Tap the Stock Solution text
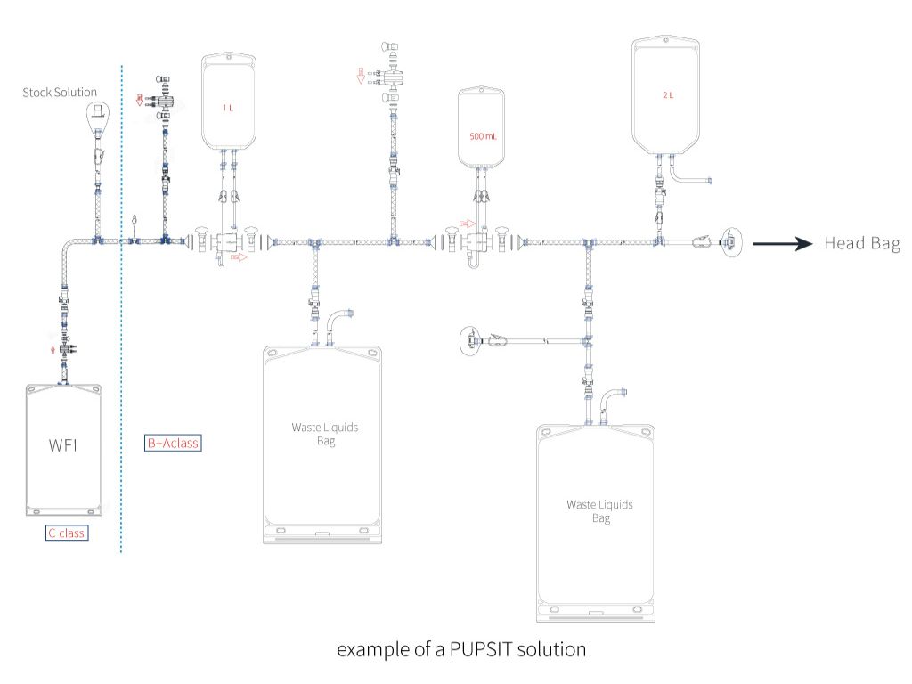[60, 92]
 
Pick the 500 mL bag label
[484, 138]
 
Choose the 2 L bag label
[669, 95]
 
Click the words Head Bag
[861, 243]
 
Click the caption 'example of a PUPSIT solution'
[460, 650]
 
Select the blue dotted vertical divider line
[121, 356]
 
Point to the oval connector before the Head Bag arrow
[730, 241]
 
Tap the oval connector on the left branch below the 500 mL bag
[470, 339]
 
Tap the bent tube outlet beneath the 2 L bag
[691, 178]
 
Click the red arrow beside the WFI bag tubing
[53, 350]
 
